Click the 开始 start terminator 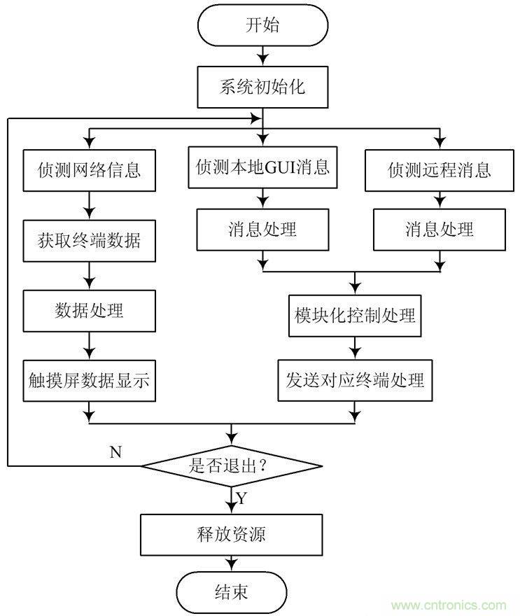(x=263, y=27)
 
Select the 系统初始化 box (x=263, y=88)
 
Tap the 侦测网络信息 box (x=89, y=169)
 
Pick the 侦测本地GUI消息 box (x=262, y=168)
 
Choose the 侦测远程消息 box (x=439, y=169)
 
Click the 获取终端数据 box (x=89, y=241)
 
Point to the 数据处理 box (x=89, y=310)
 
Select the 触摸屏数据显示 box (x=89, y=381)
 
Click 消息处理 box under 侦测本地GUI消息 (x=262, y=229)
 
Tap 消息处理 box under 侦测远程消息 (x=439, y=229)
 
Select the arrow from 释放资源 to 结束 (x=232, y=563)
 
